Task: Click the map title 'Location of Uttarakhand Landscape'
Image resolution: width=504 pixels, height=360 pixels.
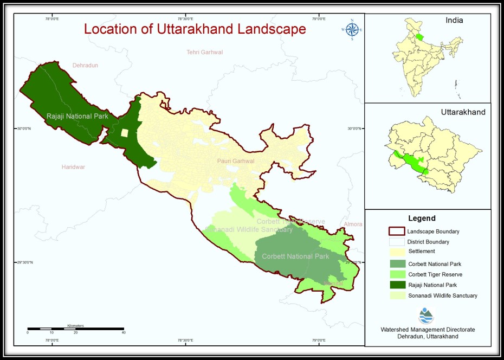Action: pyautogui.click(x=195, y=29)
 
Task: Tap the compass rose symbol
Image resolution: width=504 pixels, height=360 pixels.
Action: pyautogui.click(x=352, y=30)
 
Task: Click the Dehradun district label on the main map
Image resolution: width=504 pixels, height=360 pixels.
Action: pyautogui.click(x=85, y=65)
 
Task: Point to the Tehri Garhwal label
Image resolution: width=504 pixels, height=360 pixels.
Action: pyautogui.click(x=204, y=52)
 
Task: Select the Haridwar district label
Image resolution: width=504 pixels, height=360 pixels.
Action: pyautogui.click(x=73, y=167)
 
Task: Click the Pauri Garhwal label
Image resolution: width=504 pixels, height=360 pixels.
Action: pyautogui.click(x=236, y=161)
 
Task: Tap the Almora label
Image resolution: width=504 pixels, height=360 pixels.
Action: pyautogui.click(x=353, y=224)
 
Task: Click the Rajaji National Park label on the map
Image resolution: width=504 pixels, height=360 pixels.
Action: pyautogui.click(x=77, y=116)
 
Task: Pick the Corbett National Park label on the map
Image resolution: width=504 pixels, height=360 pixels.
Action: pyautogui.click(x=295, y=256)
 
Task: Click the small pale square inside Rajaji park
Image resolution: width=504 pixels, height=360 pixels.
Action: pyautogui.click(x=125, y=133)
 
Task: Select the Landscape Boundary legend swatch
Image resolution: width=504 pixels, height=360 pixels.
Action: pyautogui.click(x=397, y=232)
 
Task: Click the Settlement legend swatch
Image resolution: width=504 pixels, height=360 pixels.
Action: pyautogui.click(x=397, y=252)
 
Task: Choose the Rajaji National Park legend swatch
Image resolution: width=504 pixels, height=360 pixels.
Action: pyautogui.click(x=397, y=285)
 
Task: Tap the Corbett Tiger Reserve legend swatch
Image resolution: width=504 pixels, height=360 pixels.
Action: pyautogui.click(x=397, y=274)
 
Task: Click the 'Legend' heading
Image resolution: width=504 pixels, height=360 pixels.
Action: pyautogui.click(x=422, y=218)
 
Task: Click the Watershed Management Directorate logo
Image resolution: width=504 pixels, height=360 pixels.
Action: pyautogui.click(x=427, y=316)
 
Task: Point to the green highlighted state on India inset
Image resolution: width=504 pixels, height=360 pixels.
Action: pyautogui.click(x=419, y=38)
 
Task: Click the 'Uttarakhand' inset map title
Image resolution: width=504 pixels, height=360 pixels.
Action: pyautogui.click(x=463, y=112)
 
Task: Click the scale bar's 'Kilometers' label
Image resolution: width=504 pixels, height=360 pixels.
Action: pyautogui.click(x=75, y=325)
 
